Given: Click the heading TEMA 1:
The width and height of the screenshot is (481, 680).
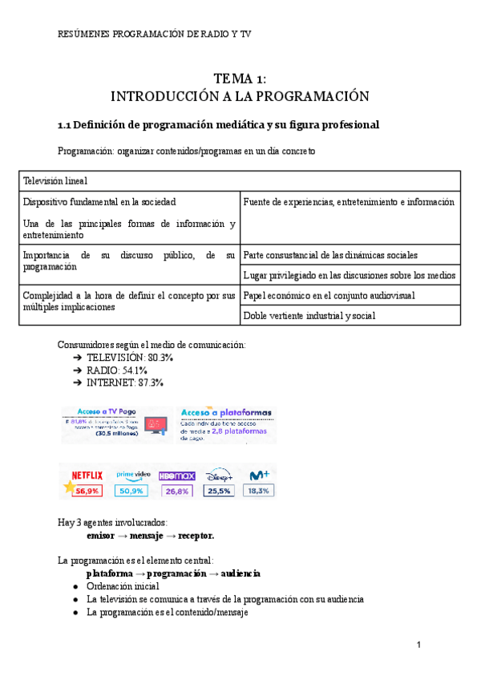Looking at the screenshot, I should [x=240, y=78].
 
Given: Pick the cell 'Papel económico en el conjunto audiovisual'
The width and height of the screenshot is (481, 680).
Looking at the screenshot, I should [x=329, y=296].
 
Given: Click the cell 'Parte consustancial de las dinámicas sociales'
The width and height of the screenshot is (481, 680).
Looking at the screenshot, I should [x=329, y=255].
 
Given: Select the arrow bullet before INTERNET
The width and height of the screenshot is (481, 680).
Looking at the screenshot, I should [x=76, y=383].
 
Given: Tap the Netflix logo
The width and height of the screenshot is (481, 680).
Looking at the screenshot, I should [x=87, y=474].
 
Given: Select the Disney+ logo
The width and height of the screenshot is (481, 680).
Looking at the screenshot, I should [x=218, y=474].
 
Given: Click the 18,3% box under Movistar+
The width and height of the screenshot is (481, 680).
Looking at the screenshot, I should [x=258, y=489].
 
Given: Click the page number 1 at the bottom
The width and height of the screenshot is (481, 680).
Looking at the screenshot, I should [x=418, y=646].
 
